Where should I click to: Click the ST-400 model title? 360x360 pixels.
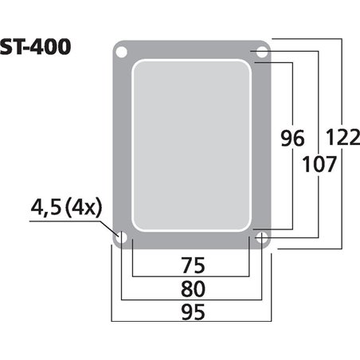(x=36, y=46)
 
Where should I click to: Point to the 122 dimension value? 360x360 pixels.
(x=343, y=139)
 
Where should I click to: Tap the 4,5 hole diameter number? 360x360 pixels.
(x=45, y=209)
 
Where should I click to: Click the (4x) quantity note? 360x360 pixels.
(x=84, y=209)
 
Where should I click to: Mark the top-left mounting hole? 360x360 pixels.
(x=121, y=52)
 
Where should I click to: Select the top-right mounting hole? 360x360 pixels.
(x=261, y=52)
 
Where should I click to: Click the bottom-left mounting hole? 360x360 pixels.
(x=121, y=237)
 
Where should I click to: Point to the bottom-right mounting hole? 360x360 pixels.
(x=261, y=237)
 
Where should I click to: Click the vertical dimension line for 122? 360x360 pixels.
(x=342, y=199)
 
